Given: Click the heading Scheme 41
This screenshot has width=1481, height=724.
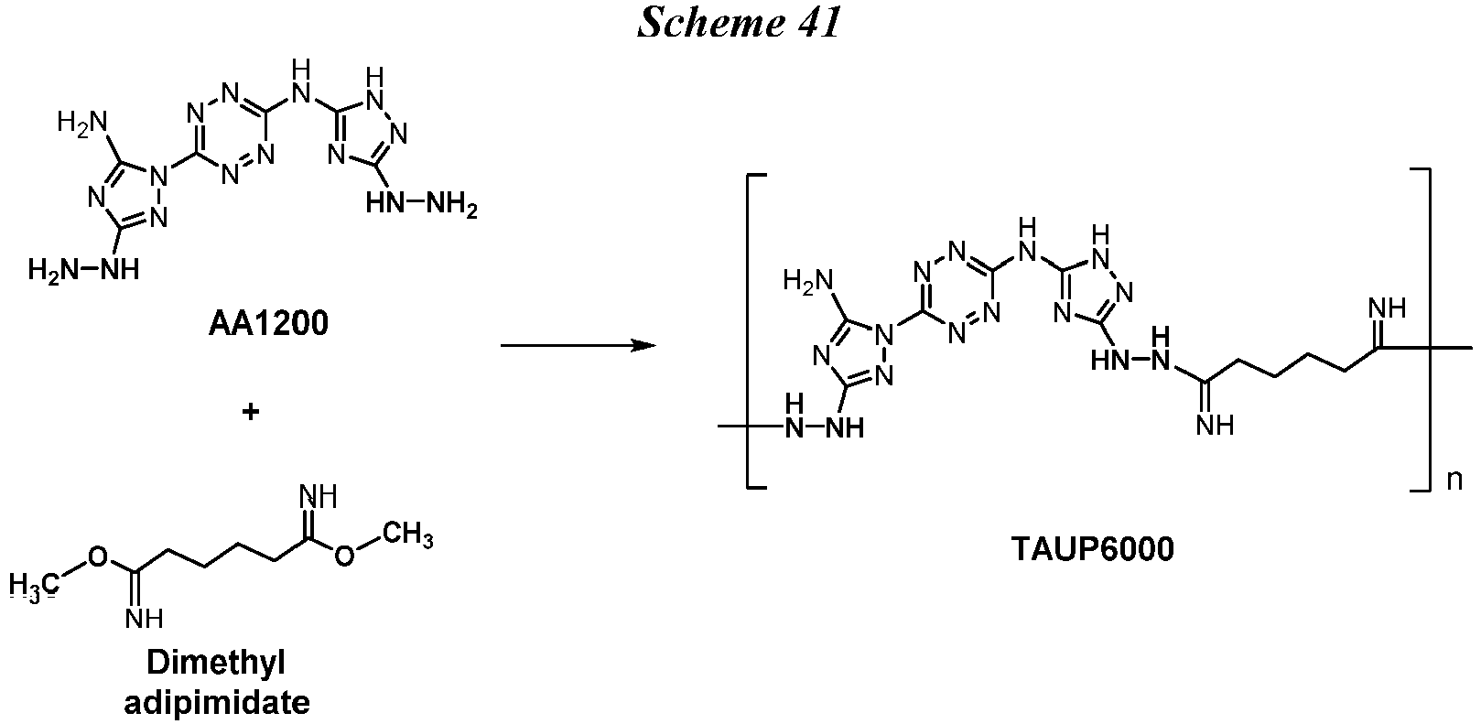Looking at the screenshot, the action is (x=739, y=23).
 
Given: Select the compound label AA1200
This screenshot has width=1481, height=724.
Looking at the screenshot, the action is (x=268, y=323).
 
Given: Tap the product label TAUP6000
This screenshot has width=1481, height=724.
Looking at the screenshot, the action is (x=1092, y=549).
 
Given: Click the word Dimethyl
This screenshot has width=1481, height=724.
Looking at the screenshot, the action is (x=215, y=663).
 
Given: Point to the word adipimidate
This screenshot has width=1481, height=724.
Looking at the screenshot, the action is (x=217, y=703).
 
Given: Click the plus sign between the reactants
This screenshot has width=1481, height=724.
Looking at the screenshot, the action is (x=251, y=412).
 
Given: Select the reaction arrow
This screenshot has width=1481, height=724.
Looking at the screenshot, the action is (x=578, y=345).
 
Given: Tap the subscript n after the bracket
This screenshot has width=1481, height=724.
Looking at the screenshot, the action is (x=1454, y=480).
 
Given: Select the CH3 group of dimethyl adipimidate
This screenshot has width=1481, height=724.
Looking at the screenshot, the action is (x=408, y=535).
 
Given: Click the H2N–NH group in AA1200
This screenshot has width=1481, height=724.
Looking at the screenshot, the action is (x=83, y=270).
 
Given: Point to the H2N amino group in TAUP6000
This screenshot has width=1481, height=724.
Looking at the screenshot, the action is (x=807, y=280).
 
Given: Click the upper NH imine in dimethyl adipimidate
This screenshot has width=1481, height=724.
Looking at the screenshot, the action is (x=319, y=496).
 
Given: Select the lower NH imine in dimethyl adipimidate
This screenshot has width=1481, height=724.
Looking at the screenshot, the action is (x=144, y=618).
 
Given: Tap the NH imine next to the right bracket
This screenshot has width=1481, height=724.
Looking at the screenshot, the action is (x=1387, y=308).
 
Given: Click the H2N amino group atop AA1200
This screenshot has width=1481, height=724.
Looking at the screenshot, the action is (x=82, y=123).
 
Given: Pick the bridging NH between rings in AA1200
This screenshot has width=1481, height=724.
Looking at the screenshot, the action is (x=301, y=82).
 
